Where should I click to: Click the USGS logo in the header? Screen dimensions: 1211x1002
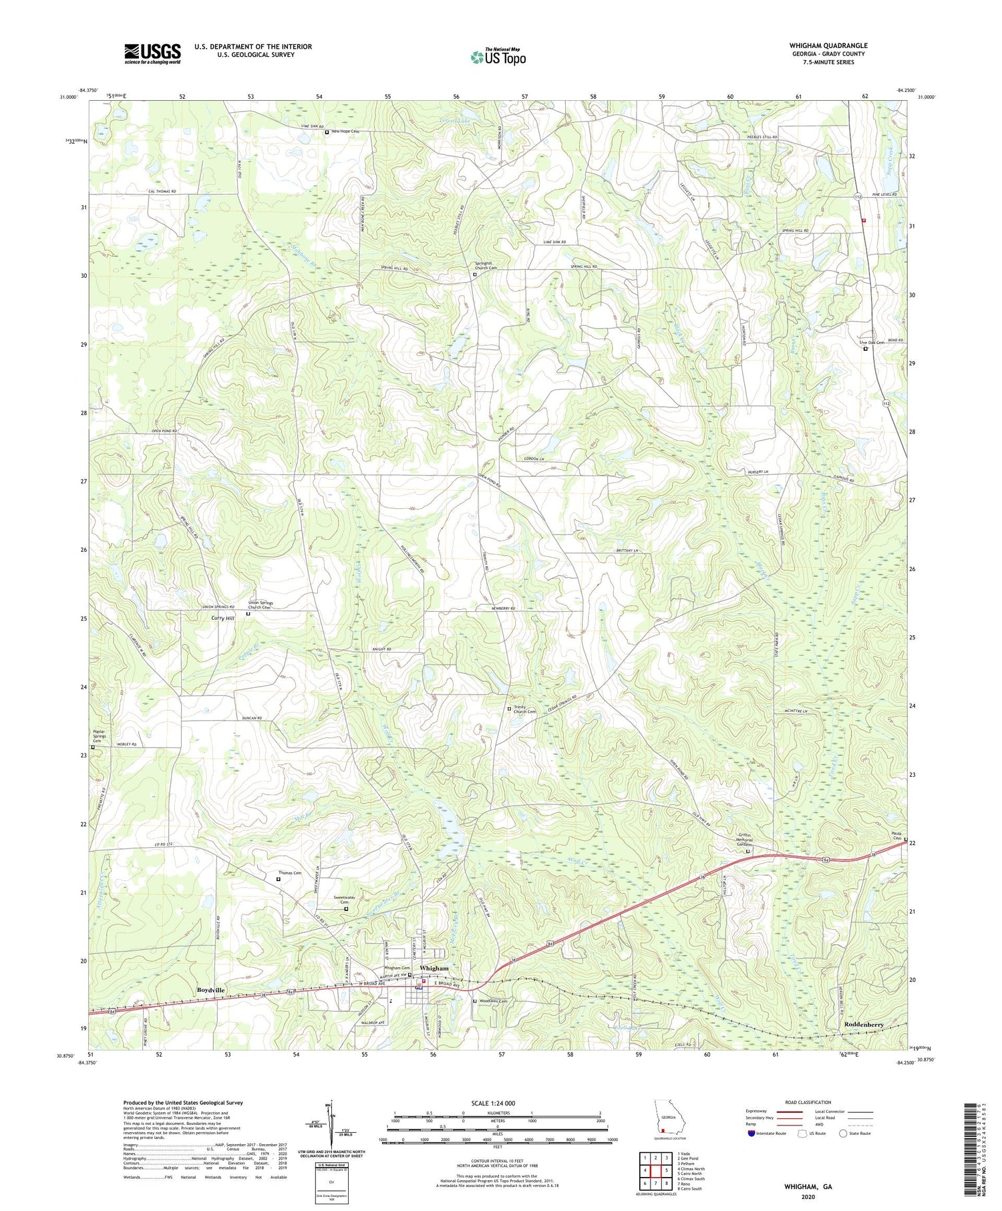click(x=152, y=53)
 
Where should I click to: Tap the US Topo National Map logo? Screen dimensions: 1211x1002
click(x=498, y=56)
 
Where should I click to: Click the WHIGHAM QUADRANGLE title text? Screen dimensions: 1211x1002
click(x=828, y=45)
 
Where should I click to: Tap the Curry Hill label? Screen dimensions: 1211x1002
click(x=222, y=619)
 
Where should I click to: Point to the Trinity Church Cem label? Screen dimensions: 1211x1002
click(x=524, y=709)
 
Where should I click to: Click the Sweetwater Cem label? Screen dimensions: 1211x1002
click(x=345, y=899)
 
